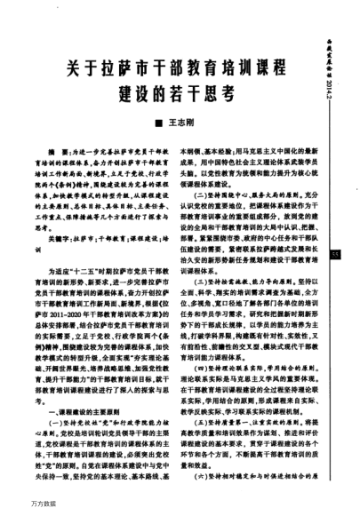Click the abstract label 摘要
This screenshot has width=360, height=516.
[x=55, y=154]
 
